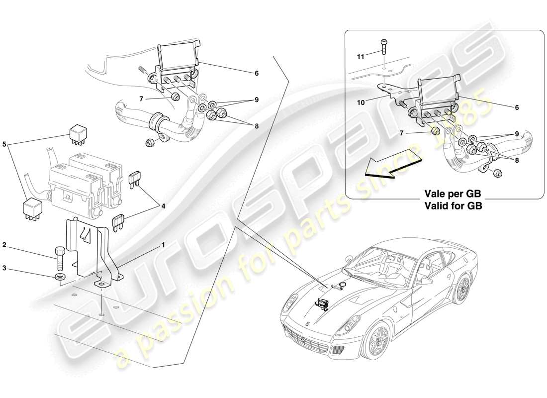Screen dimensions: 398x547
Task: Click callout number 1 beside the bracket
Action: pos(163,245)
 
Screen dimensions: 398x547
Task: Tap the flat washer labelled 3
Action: pos(59,277)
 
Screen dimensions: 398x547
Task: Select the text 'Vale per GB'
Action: pos(453,194)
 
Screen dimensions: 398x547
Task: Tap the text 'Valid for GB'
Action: pos(453,204)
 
